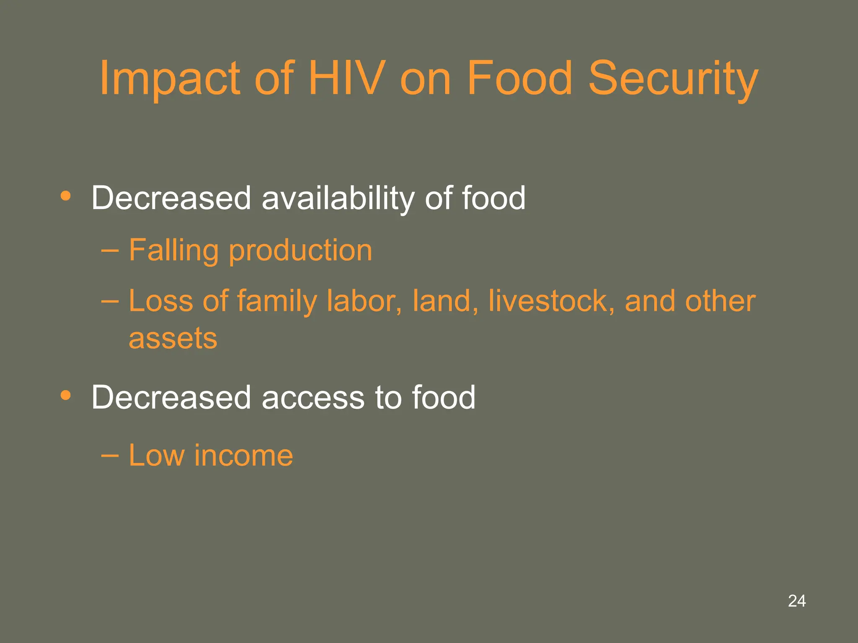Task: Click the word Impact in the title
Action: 169,78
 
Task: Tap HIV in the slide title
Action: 346,78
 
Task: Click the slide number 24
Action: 796,601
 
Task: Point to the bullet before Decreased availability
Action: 65,196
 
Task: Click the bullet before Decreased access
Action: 65,395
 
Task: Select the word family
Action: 277,301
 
